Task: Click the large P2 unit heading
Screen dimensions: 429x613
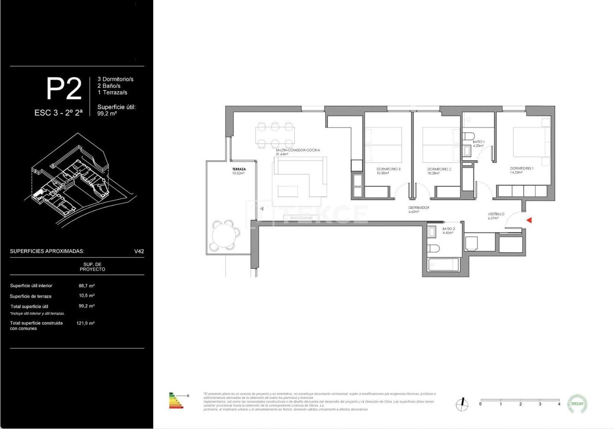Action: tap(64, 89)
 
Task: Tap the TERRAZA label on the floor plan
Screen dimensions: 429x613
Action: tap(239, 170)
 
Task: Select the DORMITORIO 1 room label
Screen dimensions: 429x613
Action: tap(522, 169)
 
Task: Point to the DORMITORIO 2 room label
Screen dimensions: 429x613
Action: tap(439, 169)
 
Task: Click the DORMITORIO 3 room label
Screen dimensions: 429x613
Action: tap(388, 169)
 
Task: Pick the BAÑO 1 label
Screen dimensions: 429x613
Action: tap(479, 142)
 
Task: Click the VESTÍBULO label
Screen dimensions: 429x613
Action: tap(496, 214)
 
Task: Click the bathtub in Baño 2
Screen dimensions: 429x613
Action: tap(443, 265)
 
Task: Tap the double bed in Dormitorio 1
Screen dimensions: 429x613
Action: tap(531, 142)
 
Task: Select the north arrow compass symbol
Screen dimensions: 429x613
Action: tap(462, 404)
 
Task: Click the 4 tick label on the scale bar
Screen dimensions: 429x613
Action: tap(559, 404)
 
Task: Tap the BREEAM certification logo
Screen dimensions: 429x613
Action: tap(577, 404)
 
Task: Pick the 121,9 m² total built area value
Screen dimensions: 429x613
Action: tap(86, 323)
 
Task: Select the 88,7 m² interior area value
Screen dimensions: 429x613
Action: tap(87, 285)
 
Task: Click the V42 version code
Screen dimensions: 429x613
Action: tap(139, 251)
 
